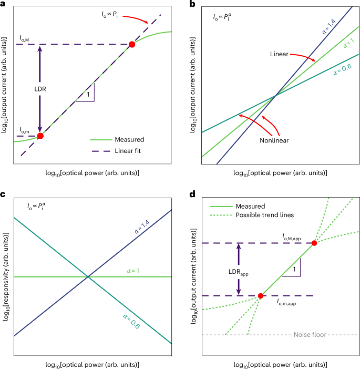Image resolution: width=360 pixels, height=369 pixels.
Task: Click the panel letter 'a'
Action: point(4,5)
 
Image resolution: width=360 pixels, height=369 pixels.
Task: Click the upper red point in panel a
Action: point(132,45)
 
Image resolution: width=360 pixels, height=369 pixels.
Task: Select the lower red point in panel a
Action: point(39,136)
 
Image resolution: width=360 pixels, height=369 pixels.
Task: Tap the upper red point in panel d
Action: point(314,243)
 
